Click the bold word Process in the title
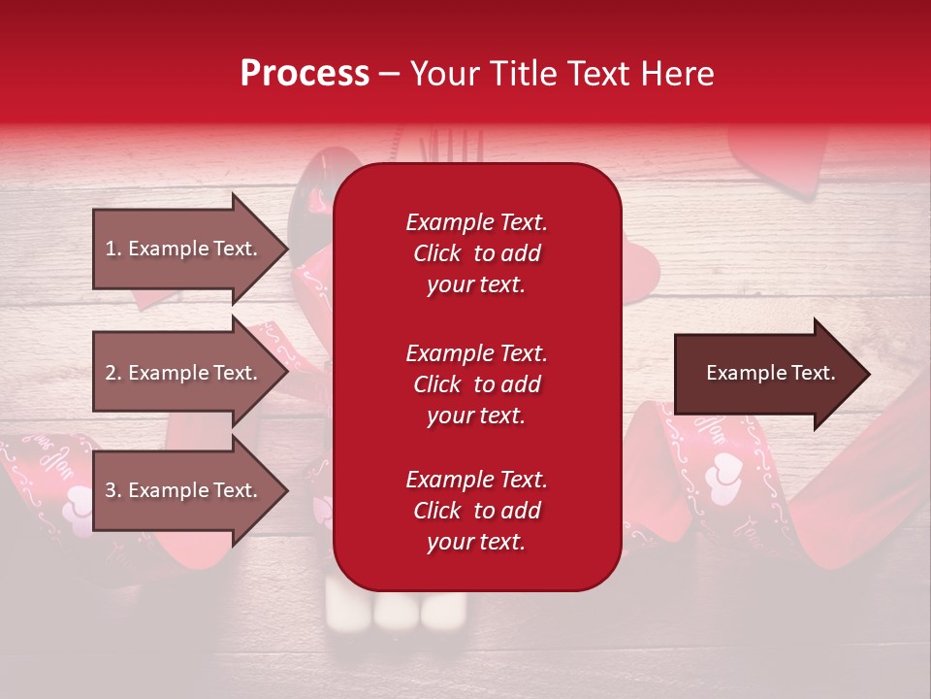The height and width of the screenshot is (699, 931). [305, 74]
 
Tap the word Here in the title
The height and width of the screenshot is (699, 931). [679, 74]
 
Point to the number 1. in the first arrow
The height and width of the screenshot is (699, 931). [113, 249]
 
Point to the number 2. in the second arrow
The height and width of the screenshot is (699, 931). [113, 373]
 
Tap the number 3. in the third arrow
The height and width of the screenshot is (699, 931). [113, 490]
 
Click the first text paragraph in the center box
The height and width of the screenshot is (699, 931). [476, 253]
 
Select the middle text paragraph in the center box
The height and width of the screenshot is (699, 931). [476, 384]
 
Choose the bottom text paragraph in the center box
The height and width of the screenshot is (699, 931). [476, 511]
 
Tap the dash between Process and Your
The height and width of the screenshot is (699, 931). [390, 75]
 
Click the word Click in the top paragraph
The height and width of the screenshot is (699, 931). [437, 253]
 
